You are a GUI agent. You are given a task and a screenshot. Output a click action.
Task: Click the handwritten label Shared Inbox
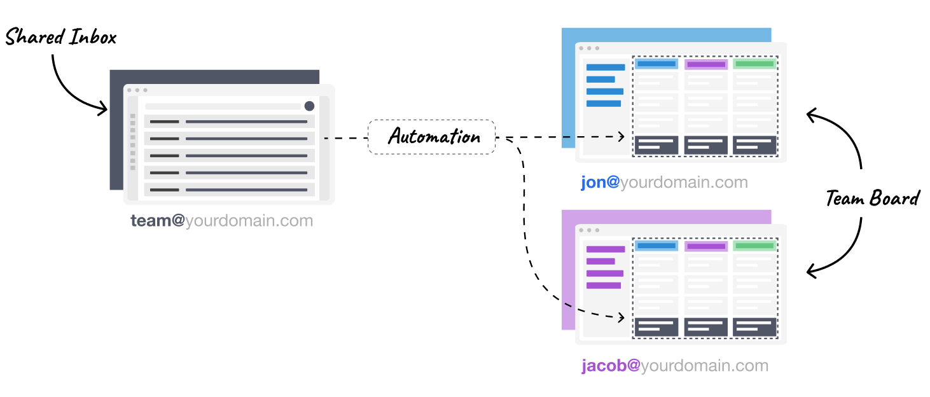pyautogui.click(x=61, y=38)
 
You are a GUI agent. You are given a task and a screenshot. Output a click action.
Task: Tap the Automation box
pyautogui.click(x=431, y=137)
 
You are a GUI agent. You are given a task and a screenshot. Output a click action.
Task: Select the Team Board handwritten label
pyautogui.click(x=872, y=198)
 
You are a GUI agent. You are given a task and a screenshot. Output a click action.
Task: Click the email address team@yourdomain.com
pyautogui.click(x=222, y=221)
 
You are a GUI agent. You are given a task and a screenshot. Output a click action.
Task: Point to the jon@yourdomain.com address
pyautogui.click(x=664, y=183)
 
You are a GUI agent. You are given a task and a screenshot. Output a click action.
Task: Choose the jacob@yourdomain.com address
pyautogui.click(x=674, y=366)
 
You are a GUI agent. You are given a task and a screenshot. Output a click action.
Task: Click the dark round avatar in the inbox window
pyautogui.click(x=309, y=106)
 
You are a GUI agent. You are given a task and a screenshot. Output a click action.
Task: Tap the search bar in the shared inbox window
pyautogui.click(x=223, y=106)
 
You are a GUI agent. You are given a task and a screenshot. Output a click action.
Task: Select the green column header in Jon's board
pyautogui.click(x=754, y=64)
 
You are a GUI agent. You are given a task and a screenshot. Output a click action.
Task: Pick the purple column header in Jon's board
pyautogui.click(x=706, y=64)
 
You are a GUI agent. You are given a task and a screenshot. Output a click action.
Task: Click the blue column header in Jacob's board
pyautogui.click(x=656, y=246)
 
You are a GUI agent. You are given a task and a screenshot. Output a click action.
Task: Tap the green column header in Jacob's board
pyautogui.click(x=754, y=246)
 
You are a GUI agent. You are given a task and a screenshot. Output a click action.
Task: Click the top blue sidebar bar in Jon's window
pyautogui.click(x=605, y=67)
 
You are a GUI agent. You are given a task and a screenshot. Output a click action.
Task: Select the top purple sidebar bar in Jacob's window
pyautogui.click(x=605, y=249)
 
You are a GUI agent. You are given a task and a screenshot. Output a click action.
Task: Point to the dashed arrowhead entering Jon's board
pyautogui.click(x=621, y=136)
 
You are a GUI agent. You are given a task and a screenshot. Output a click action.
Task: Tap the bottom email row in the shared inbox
pyautogui.click(x=230, y=190)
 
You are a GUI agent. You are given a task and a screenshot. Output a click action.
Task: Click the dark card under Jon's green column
pyautogui.click(x=754, y=144)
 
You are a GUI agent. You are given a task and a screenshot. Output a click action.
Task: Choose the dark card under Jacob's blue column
pyautogui.click(x=656, y=327)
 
